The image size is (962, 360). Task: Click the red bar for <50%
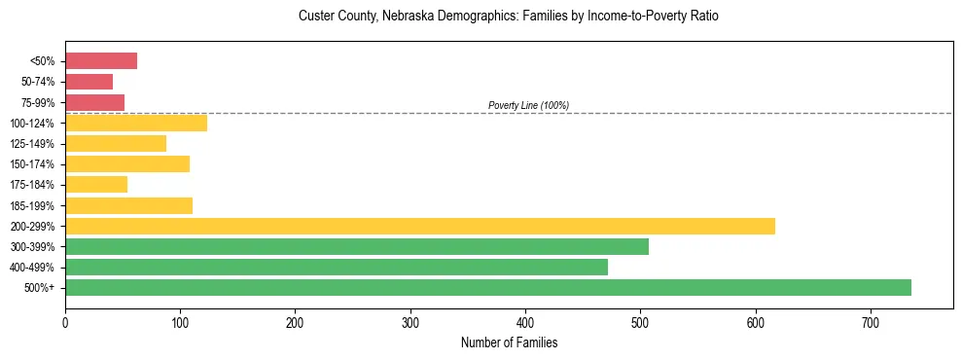click(x=101, y=61)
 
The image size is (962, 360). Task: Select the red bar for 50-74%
click(x=89, y=82)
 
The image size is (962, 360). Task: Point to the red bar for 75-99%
click(x=94, y=102)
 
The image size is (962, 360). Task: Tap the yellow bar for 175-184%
click(x=96, y=185)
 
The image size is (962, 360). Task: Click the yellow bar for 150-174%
click(x=127, y=163)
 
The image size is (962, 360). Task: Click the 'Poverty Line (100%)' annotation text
click(x=528, y=105)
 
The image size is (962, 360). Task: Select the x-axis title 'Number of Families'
click(x=509, y=342)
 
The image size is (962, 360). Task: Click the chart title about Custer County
click(x=509, y=17)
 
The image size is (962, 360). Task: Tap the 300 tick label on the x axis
click(x=410, y=323)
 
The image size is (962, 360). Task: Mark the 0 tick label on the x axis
click(x=65, y=323)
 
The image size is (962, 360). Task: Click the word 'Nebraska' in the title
click(x=408, y=17)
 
